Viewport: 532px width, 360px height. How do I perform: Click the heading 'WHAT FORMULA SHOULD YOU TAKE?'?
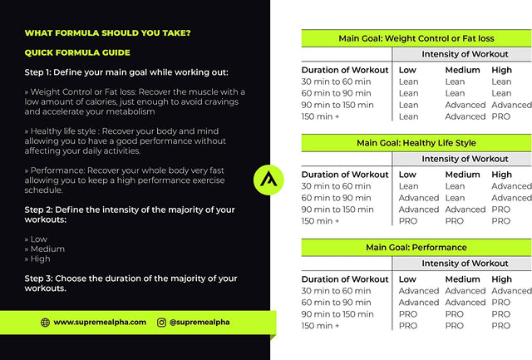coord(107,33)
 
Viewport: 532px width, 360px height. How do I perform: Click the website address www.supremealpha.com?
coord(100,322)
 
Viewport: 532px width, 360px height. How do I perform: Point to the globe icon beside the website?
coord(45,322)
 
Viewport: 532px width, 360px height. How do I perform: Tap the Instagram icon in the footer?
coord(161,322)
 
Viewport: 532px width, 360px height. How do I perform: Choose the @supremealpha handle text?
coord(199,322)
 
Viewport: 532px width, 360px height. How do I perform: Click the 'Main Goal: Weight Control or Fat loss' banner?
coord(416,39)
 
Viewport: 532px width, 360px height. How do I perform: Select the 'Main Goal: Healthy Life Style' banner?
coord(416,143)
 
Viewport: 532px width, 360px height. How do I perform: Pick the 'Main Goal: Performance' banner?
coord(416,248)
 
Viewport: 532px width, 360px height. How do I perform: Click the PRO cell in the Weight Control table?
coord(501,116)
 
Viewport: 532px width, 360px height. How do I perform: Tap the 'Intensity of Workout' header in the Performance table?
coord(465,264)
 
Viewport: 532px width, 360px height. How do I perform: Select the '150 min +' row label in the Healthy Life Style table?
coord(320,221)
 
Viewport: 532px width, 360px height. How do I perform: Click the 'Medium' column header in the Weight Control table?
coord(462,70)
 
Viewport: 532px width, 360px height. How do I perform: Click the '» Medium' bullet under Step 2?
coord(45,249)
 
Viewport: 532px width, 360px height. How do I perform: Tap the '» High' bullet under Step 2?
coord(41,259)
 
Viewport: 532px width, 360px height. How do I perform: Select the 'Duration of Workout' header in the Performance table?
coord(344,279)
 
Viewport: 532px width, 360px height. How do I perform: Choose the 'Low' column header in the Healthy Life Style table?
coord(407,175)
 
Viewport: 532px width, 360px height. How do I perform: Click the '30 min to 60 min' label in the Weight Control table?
coord(336,81)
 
